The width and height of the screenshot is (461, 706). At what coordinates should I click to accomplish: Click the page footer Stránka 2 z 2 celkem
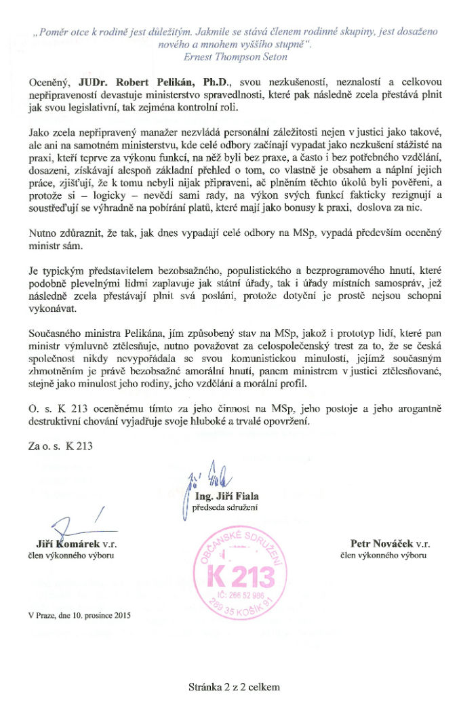pos(234,686)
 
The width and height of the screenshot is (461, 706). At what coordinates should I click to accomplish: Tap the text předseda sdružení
pos(223,507)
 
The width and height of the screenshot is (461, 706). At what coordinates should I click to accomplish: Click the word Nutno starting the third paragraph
pos(42,234)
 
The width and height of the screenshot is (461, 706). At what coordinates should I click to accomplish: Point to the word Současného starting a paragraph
pos(56,354)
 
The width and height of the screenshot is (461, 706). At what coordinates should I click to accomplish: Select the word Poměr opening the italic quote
pos(53,32)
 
